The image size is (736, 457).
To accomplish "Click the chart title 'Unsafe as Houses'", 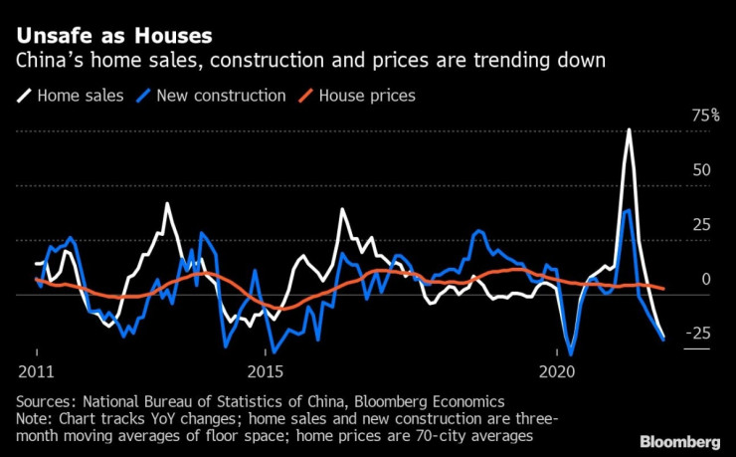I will pos(113,36).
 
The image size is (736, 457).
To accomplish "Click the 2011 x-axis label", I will pos(36,370).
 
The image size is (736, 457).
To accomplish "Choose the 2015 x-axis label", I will pos(265,370).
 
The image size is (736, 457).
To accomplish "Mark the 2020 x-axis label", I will pos(557,370).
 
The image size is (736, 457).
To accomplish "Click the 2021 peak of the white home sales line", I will pos(629,130).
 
